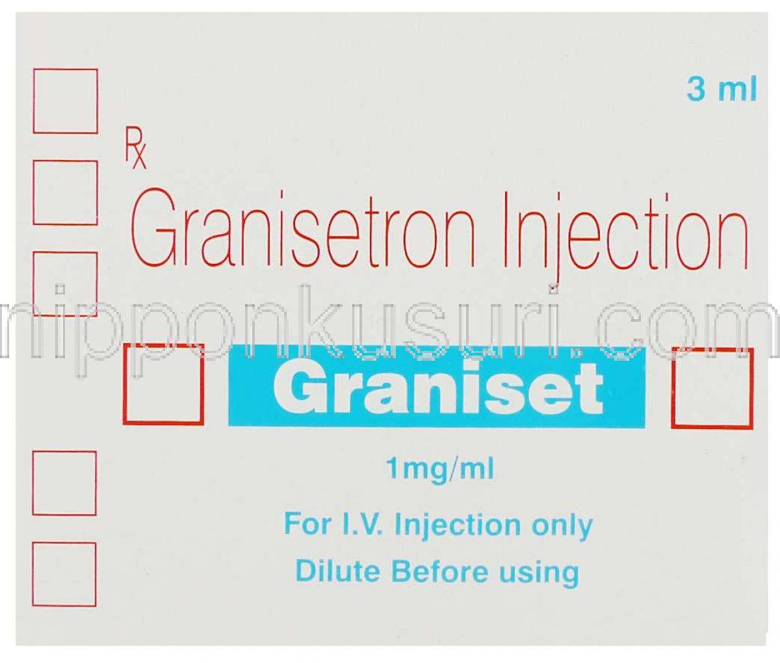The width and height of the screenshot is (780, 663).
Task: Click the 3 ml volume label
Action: pos(721,92)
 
